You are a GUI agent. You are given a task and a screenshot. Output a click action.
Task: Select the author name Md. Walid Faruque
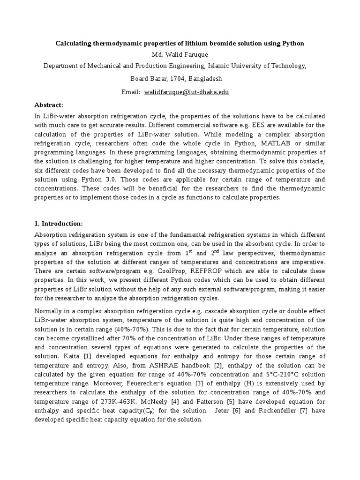(x=180, y=55)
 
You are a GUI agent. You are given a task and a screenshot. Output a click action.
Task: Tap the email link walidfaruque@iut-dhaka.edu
(x=187, y=92)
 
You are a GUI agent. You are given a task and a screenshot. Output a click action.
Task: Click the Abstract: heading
(x=49, y=105)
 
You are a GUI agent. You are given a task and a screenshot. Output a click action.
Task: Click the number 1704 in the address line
(x=166, y=78)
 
